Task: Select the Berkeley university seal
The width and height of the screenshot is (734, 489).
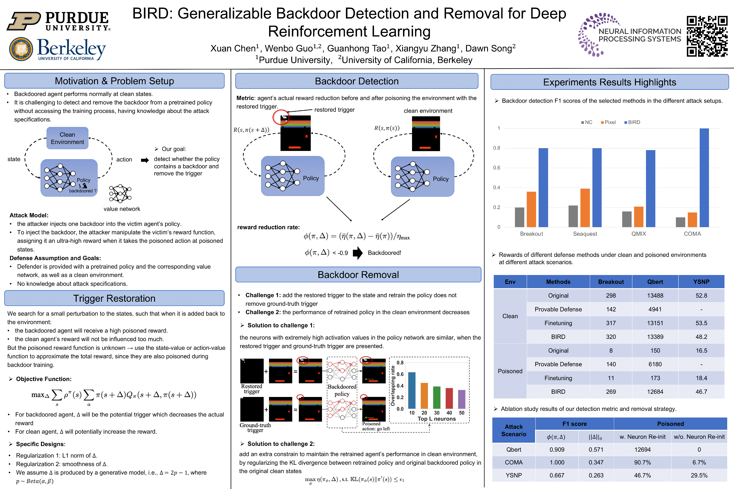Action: pyautogui.click(x=21, y=49)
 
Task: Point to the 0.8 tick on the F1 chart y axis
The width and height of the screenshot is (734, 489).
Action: pyautogui.click(x=496, y=148)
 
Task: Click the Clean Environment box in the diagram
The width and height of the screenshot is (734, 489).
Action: pyautogui.click(x=67, y=138)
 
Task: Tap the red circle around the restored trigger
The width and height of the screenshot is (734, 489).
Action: pyautogui.click(x=281, y=117)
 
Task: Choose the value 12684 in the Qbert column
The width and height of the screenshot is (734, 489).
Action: pyautogui.click(x=655, y=392)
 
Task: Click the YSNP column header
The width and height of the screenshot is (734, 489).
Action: pyautogui.click(x=701, y=282)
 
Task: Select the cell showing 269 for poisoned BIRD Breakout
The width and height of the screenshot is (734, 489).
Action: pyautogui.click(x=611, y=392)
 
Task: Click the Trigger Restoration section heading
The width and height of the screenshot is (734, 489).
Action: pyautogui.click(x=114, y=298)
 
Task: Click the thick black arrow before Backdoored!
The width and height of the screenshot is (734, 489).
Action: pyautogui.click(x=358, y=253)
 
